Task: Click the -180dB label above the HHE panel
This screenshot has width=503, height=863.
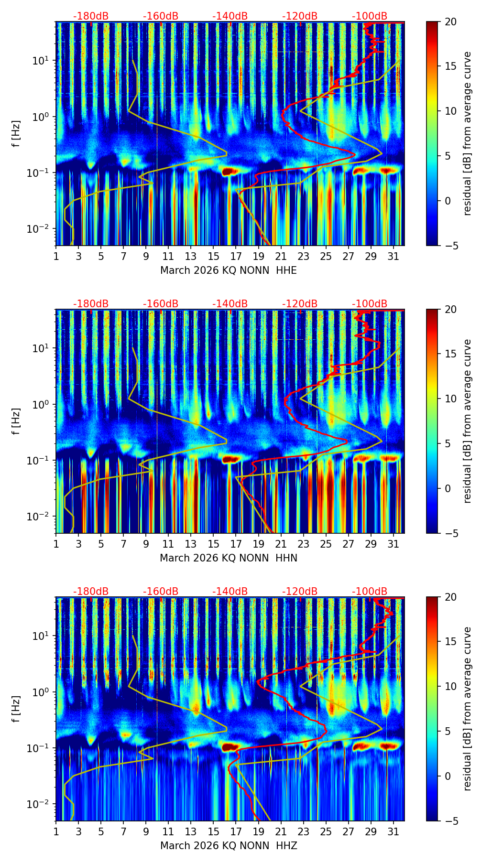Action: point(91,16)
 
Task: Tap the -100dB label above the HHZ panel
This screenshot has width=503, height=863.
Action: point(370,592)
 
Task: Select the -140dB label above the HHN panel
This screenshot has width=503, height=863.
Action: point(230,304)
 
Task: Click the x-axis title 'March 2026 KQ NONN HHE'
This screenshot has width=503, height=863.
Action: point(229,270)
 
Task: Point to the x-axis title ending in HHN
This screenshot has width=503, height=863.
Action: point(229,558)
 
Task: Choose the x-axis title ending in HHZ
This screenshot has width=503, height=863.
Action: point(229,846)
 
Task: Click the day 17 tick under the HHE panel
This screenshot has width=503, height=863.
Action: point(236,256)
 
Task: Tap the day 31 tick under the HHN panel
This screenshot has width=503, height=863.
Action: point(394,544)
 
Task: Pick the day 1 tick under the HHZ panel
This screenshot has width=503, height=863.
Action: point(56,831)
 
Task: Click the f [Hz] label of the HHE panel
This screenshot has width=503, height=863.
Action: point(17,133)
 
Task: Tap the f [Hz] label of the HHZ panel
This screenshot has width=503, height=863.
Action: point(17,709)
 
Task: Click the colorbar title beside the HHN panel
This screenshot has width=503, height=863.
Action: point(468,421)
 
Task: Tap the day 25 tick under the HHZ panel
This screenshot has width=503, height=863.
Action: point(326,831)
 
